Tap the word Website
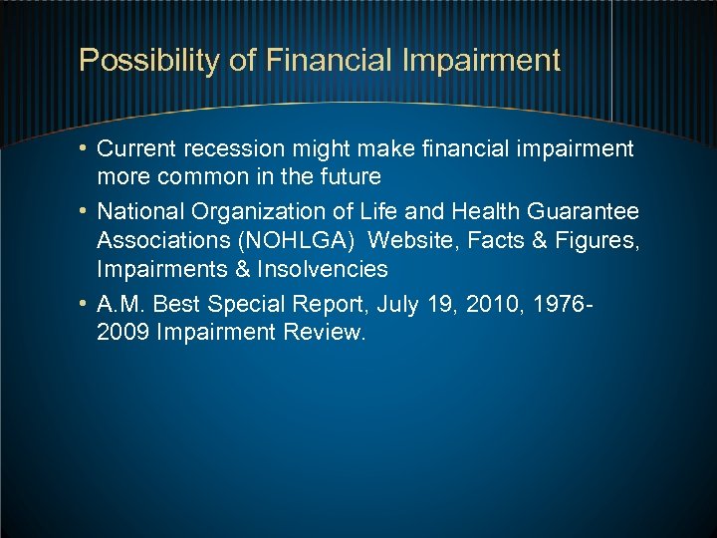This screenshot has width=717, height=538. tap(408, 241)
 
